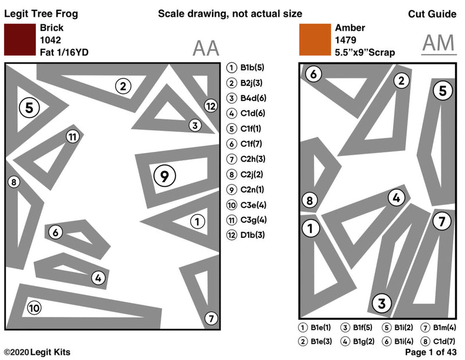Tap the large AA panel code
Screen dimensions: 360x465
[x=206, y=48]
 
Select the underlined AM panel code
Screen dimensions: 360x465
[x=439, y=44]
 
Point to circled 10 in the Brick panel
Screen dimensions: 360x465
[x=34, y=308]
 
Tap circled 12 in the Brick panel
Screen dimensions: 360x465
[x=210, y=105]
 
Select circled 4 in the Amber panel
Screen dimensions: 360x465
[x=396, y=198]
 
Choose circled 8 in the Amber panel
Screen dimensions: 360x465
[x=310, y=201]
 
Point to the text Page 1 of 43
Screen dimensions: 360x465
[x=431, y=352]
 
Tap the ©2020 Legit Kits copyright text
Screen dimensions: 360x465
[x=37, y=352]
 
